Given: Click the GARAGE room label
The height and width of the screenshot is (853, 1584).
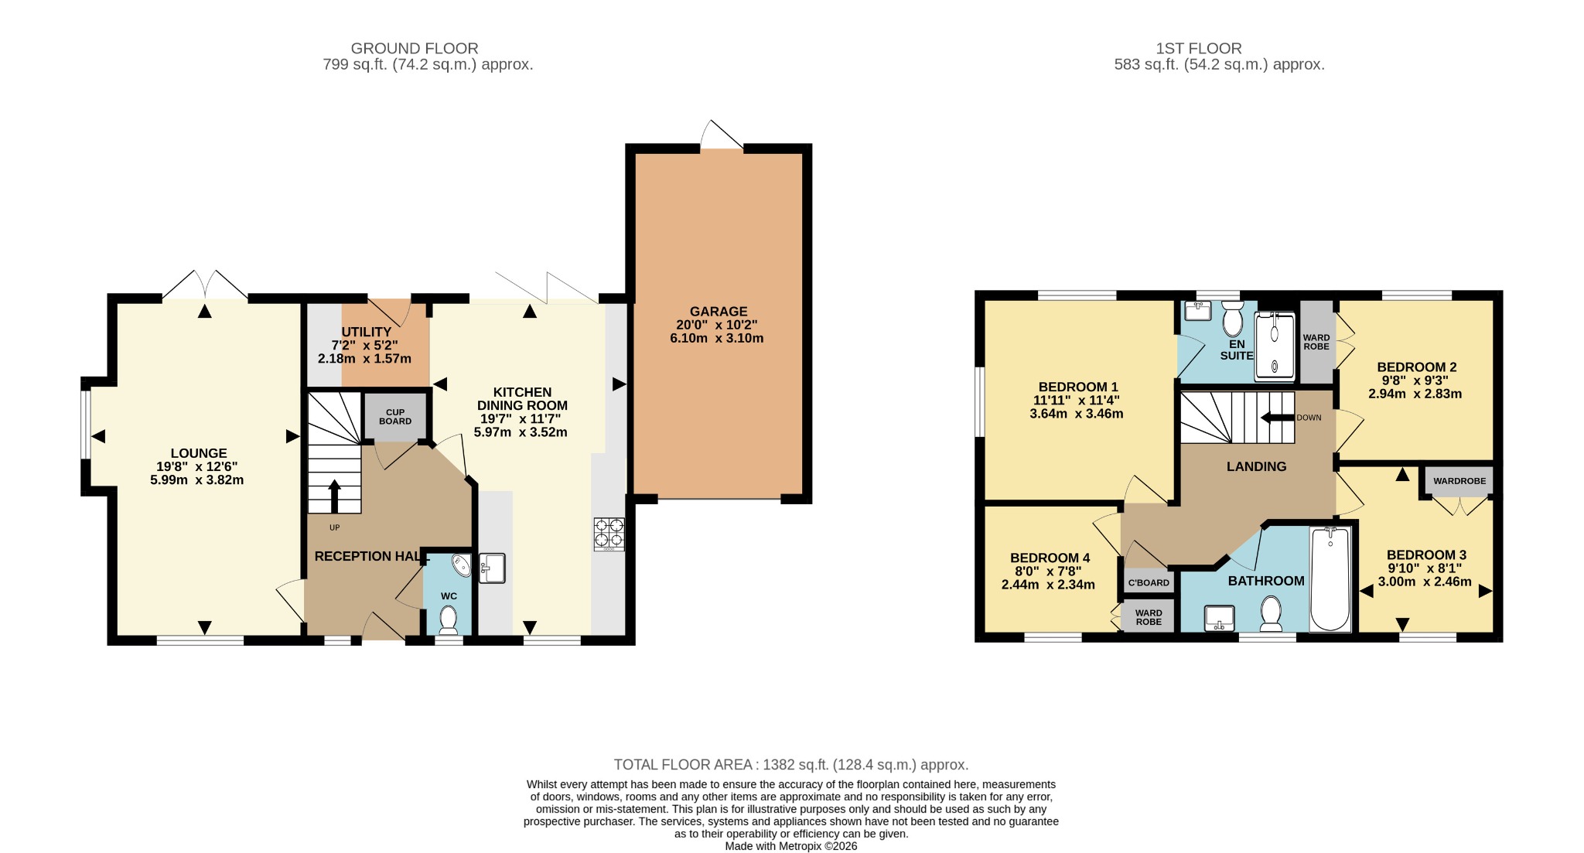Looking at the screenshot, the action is (719, 312).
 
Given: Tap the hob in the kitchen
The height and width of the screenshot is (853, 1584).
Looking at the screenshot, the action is (609, 534).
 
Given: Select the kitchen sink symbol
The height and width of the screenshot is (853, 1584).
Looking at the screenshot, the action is (492, 568).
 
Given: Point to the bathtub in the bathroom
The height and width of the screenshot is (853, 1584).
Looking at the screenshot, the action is (1330, 578).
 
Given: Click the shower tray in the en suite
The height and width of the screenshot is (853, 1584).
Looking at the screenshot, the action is (1274, 346).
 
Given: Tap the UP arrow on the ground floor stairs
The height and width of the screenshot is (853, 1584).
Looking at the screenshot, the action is (334, 496).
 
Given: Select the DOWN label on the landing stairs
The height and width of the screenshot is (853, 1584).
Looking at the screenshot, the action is (1309, 418).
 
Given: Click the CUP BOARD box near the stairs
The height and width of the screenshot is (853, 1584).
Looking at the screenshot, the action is (395, 417).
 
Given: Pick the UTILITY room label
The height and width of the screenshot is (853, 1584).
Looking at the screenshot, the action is (367, 332).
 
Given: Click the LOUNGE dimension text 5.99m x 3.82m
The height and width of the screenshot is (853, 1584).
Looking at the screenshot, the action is (197, 480).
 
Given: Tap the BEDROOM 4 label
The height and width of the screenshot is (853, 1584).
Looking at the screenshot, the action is (1050, 558).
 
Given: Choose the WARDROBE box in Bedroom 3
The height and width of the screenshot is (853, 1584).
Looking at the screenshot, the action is (1459, 481).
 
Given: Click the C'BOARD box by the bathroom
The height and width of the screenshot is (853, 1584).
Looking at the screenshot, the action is (1149, 582).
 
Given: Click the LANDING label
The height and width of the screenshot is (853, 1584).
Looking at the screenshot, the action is (1256, 466).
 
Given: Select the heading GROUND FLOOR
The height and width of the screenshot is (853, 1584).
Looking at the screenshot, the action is (415, 48).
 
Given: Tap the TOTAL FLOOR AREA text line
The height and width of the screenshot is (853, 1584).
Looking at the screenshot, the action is (791, 765).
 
